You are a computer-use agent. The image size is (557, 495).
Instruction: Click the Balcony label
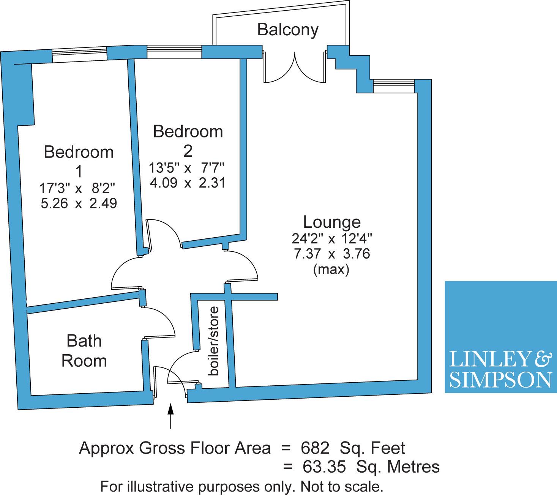(x=287, y=30)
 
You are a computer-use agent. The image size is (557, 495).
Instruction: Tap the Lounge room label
(x=332, y=222)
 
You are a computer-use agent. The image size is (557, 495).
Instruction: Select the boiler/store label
(x=213, y=341)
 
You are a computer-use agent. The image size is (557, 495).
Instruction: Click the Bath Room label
(x=84, y=351)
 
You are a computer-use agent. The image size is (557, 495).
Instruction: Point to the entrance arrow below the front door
(x=171, y=416)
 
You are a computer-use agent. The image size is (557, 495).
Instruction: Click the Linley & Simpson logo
(x=501, y=337)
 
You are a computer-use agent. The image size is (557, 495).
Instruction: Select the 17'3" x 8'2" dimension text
(x=77, y=189)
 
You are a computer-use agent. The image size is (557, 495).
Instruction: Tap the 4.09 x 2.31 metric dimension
(x=188, y=183)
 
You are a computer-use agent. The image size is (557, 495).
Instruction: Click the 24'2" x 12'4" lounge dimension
(x=332, y=238)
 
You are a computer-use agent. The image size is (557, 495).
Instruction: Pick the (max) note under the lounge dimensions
(x=331, y=270)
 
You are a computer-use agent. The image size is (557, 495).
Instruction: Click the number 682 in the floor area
(x=315, y=448)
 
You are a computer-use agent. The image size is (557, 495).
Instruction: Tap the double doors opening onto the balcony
(x=295, y=67)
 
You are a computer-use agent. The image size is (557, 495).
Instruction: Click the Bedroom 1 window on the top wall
(x=79, y=55)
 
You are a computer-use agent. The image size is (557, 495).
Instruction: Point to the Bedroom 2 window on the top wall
(x=174, y=52)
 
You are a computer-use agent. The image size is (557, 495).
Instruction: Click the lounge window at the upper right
(x=393, y=86)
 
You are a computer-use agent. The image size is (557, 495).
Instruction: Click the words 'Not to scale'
(x=342, y=487)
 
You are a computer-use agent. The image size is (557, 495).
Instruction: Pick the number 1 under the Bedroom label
(x=79, y=172)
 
